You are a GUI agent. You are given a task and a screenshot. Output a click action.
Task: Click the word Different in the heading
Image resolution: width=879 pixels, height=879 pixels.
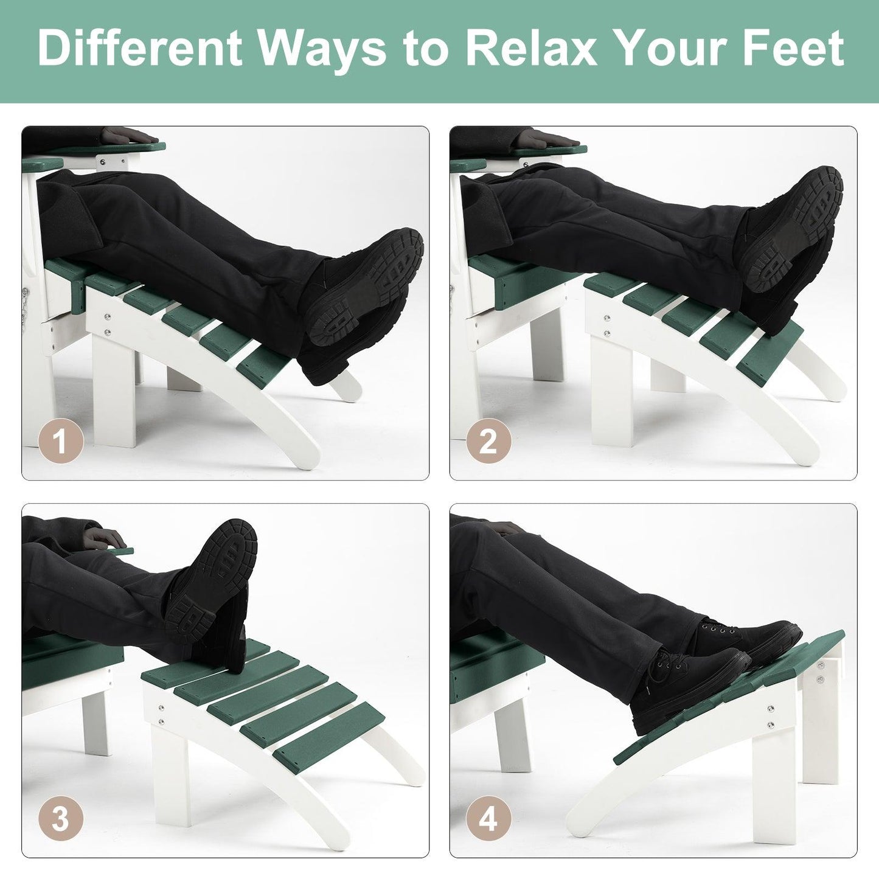click(139, 48)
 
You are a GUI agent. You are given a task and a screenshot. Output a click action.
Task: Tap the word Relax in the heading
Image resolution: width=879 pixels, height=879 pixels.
click(530, 48)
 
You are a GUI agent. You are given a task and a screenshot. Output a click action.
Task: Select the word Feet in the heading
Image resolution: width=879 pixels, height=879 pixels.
click(793, 48)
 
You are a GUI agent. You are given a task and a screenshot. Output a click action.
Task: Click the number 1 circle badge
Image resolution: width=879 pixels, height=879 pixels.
click(61, 442)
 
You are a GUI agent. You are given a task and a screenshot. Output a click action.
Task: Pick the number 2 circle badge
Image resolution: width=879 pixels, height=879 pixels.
click(488, 442)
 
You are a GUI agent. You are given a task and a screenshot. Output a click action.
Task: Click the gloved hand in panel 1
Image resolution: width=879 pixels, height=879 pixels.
click(128, 136)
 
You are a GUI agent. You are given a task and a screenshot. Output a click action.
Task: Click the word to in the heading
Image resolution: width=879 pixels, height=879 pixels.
click(426, 50)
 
